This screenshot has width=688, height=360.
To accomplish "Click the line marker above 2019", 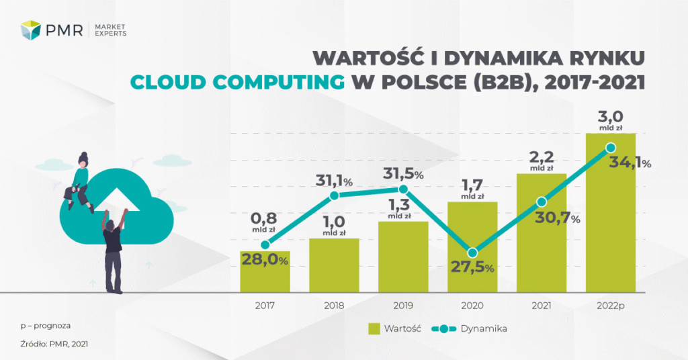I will (403, 191).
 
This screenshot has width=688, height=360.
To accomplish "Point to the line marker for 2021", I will (542, 202).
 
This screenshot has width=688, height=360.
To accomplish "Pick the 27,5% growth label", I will (471, 268).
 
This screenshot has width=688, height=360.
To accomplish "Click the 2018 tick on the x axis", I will (334, 305).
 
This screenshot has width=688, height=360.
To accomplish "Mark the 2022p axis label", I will (610, 305).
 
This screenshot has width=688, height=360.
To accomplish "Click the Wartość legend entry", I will (395, 328).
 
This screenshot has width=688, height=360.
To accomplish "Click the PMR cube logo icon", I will (31, 30).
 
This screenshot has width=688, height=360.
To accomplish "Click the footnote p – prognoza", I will (46, 326).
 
